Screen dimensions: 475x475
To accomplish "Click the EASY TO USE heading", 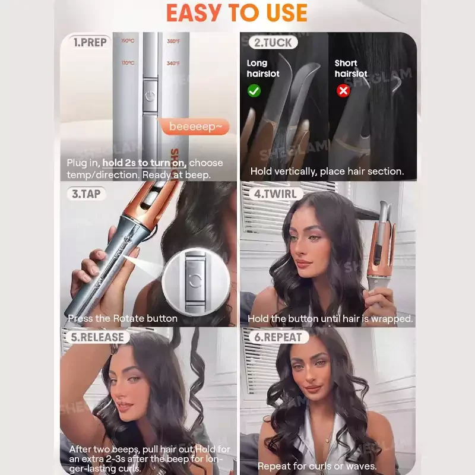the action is pyautogui.click(x=237, y=13).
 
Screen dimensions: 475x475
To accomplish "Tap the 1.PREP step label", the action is pyautogui.click(x=90, y=42).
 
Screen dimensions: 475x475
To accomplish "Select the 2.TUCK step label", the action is pyautogui.click(x=273, y=42).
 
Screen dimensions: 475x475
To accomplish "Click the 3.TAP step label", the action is pyautogui.click(x=86, y=194).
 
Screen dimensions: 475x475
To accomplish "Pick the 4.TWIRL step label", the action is pyautogui.click(x=275, y=194).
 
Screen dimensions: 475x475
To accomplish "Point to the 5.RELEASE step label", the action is pyautogui.click(x=97, y=337).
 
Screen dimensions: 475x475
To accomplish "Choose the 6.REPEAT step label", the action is pyautogui.click(x=278, y=337).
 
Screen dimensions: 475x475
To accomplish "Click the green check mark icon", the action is pyautogui.click(x=254, y=91).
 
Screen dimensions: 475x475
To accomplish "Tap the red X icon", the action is pyautogui.click(x=343, y=91).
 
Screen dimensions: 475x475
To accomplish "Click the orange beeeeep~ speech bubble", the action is pyautogui.click(x=195, y=126).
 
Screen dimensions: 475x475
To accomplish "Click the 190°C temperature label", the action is pyautogui.click(x=128, y=41).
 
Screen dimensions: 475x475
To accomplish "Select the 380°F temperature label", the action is pyautogui.click(x=173, y=41).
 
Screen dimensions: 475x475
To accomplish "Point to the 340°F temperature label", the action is pyautogui.click(x=173, y=64).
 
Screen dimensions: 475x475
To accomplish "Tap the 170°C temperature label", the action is pyautogui.click(x=128, y=63).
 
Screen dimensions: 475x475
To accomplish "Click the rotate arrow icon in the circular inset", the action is pyautogui.click(x=195, y=280).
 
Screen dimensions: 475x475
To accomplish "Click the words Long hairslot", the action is pyautogui.click(x=263, y=68).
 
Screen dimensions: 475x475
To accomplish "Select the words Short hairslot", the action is pyautogui.click(x=351, y=68).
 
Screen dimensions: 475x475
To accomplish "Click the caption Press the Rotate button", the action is pyautogui.click(x=123, y=318).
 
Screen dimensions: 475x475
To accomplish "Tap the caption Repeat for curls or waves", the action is pyautogui.click(x=317, y=466).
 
